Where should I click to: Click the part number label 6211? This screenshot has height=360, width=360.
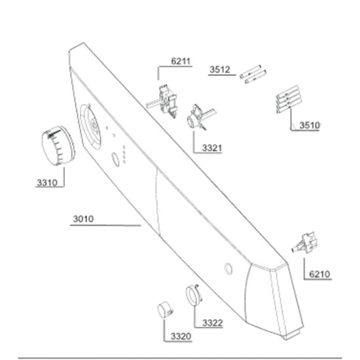click(181, 62)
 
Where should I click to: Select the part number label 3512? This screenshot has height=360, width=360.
click(220, 69)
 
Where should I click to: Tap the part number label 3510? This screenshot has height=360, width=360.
click(310, 126)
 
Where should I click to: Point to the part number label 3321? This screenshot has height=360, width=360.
click(212, 148)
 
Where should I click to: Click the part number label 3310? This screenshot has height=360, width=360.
click(47, 183)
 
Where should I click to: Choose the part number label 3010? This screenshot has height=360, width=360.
click(83, 219)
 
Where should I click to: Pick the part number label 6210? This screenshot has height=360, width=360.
click(319, 274)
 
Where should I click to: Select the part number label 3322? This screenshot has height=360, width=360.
click(212, 323)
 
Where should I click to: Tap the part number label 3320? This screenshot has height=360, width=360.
click(181, 336)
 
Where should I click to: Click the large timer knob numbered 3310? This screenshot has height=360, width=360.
click(58, 145)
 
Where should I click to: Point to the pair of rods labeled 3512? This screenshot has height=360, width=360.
click(253, 75)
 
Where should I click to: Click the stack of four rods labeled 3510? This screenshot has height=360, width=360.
click(289, 99)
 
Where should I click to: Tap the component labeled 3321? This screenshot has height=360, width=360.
click(198, 117)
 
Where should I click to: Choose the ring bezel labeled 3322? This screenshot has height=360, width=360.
click(194, 295)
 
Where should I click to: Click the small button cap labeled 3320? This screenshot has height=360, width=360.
click(165, 310)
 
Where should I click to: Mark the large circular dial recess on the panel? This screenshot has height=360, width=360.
click(90, 127)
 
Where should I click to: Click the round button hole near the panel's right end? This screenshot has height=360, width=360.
click(228, 269)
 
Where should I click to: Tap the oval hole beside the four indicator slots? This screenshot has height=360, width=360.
click(115, 160)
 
